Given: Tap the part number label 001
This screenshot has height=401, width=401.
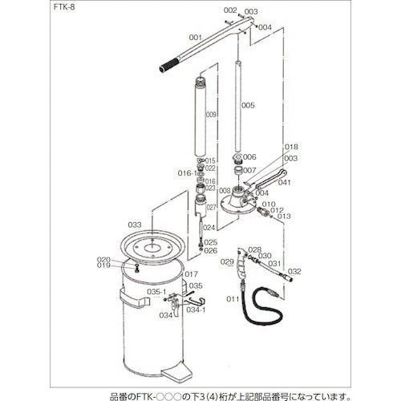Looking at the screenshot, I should [194, 38].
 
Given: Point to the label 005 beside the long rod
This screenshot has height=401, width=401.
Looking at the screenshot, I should [248, 105].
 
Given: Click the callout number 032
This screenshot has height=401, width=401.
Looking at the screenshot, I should [294, 272].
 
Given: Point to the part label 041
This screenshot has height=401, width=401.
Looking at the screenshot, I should [285, 182].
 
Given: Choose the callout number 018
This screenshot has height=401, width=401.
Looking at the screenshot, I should [291, 148].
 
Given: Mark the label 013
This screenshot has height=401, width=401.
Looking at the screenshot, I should [284, 217].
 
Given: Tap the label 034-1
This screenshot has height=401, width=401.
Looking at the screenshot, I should [196, 309].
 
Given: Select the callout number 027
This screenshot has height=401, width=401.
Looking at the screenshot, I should [212, 208].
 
